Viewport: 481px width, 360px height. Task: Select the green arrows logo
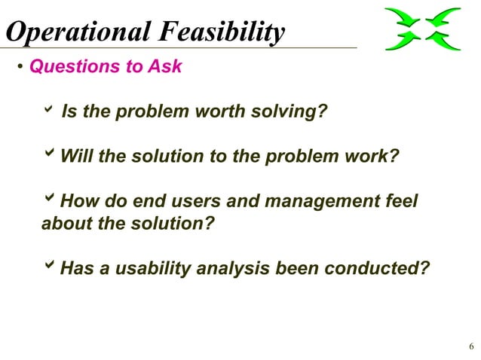coord(422,29)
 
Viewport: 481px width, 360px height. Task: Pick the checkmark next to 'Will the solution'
coord(50,156)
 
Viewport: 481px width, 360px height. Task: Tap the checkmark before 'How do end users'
coord(50,200)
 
